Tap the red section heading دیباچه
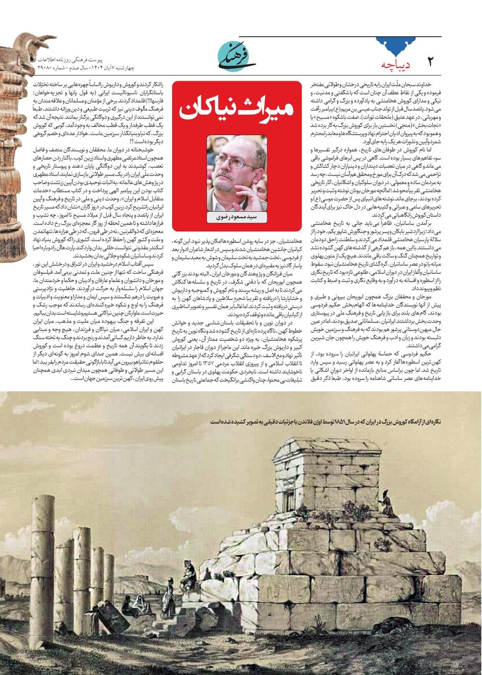pyautogui.click(x=395, y=65)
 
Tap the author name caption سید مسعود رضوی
pyautogui.click(x=237, y=217)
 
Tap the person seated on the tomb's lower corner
pyautogui.click(x=189, y=573)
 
